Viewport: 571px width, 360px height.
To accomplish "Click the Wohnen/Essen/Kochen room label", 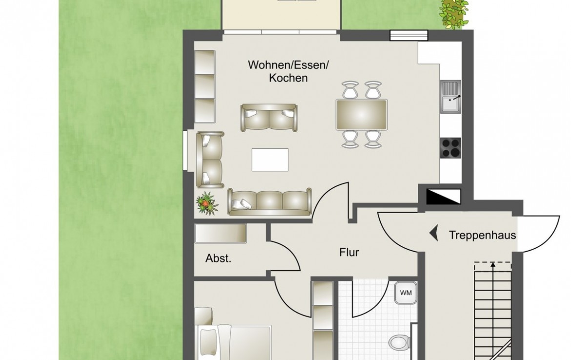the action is (288, 71).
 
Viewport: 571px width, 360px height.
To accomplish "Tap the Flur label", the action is (349, 252).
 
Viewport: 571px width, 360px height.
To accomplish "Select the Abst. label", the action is (218, 259).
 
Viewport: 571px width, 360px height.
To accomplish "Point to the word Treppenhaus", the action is (482, 235).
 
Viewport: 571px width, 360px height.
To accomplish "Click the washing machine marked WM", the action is (406, 293).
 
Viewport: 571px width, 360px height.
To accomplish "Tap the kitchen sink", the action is (451, 97).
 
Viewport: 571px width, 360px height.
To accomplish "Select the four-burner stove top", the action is (450, 148).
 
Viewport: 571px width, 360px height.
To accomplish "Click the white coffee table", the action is (270, 160).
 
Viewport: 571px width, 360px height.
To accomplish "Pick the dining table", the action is (361, 115).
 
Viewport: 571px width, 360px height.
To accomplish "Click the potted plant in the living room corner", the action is (207, 203).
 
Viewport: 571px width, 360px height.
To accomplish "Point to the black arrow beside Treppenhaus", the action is (434, 233).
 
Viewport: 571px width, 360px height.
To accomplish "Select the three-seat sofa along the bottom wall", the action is (270, 201).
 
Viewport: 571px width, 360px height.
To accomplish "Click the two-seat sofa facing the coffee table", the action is (269, 118).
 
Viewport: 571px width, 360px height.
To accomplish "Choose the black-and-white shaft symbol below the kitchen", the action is (443, 197).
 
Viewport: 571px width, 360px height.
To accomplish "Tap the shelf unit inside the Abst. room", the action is (221, 233).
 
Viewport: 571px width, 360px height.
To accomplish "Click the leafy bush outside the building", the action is (453, 14).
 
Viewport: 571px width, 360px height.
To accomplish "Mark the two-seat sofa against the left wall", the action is (210, 160).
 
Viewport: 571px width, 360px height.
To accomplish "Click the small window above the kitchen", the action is (408, 36).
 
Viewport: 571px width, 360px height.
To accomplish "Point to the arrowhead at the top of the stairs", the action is (493, 264).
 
